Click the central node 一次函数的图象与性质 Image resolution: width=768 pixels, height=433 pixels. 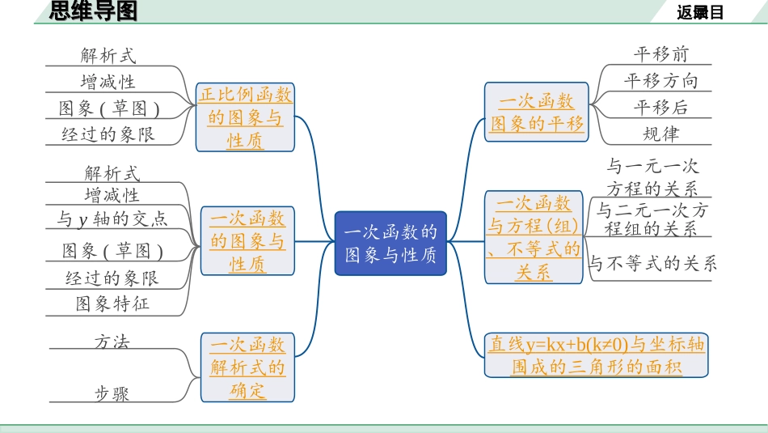pos(390,243)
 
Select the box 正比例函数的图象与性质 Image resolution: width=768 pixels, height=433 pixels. pos(246,118)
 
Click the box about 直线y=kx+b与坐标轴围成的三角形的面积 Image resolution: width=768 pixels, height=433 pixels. pos(597,354)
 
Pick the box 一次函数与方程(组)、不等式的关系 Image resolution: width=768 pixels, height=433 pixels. pos(534,237)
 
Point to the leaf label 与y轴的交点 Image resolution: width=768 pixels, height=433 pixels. pos(112,218)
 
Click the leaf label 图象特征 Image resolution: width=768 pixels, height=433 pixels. pos(112,304)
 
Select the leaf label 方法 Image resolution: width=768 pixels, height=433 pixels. pos(112,341)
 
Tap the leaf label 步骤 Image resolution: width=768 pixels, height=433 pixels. pos(112,393)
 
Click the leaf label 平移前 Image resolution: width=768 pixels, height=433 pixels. pos(660,54)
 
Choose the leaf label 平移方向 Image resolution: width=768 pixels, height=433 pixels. pos(660,81)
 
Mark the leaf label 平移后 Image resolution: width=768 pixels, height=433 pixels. pos(660,108)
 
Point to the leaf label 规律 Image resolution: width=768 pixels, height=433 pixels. pos(660,134)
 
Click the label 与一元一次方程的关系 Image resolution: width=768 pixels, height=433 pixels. pos(652,178)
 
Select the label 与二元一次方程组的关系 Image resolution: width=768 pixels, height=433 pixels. pos(652,219)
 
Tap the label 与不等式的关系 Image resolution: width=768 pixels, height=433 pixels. pos(652,263)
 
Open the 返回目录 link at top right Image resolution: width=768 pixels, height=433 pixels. pos(700,12)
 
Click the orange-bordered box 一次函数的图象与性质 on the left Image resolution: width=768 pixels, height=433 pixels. pos(247,241)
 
